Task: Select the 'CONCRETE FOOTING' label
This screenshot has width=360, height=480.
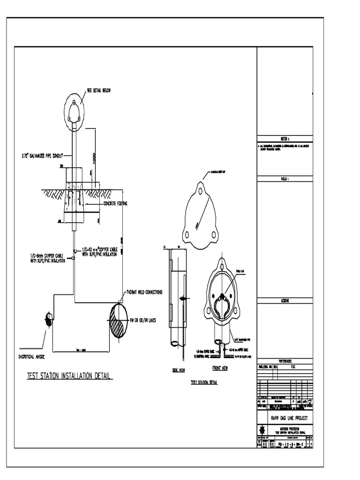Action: point(115,203)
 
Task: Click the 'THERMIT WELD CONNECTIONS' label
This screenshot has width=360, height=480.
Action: point(144,292)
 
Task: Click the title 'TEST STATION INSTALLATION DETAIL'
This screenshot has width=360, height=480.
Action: point(69,376)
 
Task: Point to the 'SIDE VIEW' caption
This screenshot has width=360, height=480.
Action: point(179,370)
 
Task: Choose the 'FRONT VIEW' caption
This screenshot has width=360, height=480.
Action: point(220,368)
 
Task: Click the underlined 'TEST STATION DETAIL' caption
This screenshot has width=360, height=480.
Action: point(204,382)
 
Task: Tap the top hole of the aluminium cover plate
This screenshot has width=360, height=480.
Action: point(200,191)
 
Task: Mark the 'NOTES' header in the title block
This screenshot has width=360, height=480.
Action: point(285,139)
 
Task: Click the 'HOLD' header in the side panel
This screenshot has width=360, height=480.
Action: point(285,179)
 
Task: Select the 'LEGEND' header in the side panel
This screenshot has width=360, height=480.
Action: point(285,300)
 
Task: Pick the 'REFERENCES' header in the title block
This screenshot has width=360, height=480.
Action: point(285,361)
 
